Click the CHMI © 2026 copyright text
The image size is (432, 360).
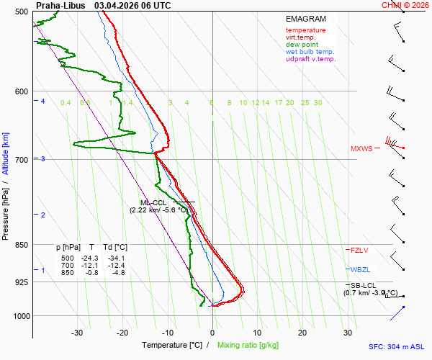pyautogui.click(x=405, y=5)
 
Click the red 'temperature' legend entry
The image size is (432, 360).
pyautogui.click(x=305, y=30)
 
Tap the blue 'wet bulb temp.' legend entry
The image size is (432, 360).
pyautogui.click(x=310, y=52)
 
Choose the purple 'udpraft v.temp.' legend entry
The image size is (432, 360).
pyautogui.click(x=310, y=59)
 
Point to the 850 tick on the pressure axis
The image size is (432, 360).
pyautogui.click(x=20, y=245)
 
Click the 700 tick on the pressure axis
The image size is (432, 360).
pyautogui.click(x=20, y=159)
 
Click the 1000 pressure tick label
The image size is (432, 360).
pyautogui.click(x=19, y=316)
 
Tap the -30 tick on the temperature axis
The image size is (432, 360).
pyautogui.click(x=77, y=333)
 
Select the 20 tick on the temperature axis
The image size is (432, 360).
pyautogui.click(x=302, y=333)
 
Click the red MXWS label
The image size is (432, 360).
pyautogui.click(x=361, y=149)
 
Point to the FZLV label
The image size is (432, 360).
pyautogui.click(x=359, y=251)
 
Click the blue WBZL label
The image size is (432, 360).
pyautogui.click(x=360, y=270)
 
